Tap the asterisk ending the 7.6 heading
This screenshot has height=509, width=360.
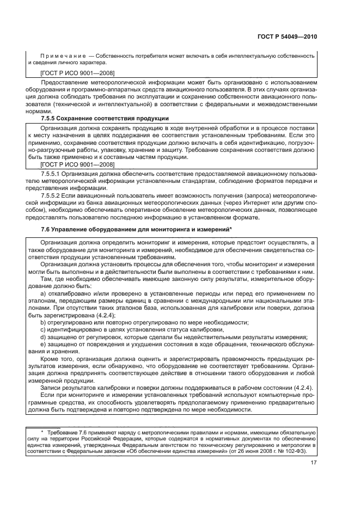pyautogui.click(x=231, y=229)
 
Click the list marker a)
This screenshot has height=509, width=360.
pyautogui.click(x=44, y=293)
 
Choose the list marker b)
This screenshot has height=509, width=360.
pyautogui.click(x=44, y=322)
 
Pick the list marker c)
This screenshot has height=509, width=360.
pyautogui.click(x=44, y=329)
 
